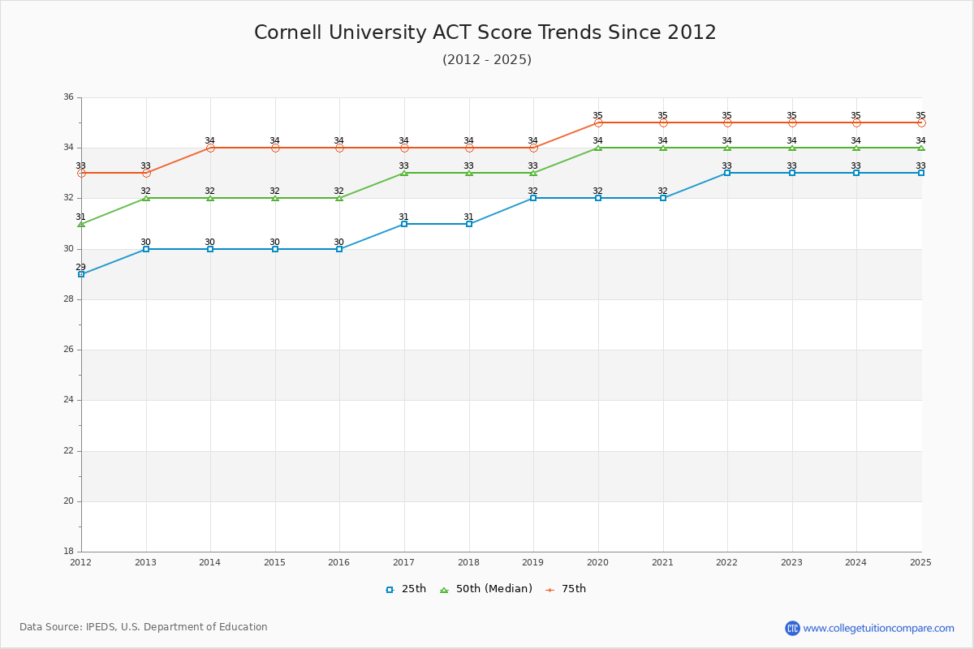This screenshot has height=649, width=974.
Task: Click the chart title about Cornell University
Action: coord(485,32)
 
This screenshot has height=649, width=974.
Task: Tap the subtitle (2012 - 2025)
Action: coord(487,59)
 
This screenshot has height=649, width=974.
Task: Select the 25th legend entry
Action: coord(406,589)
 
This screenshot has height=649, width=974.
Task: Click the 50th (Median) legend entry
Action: coord(486,589)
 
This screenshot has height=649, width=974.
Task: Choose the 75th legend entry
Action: coord(566,589)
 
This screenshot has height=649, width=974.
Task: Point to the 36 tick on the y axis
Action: coord(68,97)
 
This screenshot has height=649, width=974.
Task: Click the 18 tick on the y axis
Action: coord(68,552)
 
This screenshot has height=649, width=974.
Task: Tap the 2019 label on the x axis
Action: coord(533,562)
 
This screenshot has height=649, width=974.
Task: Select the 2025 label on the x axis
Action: coord(920,562)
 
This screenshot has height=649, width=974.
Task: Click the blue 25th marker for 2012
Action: coord(81,274)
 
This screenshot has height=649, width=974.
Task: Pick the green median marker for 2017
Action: coord(404,173)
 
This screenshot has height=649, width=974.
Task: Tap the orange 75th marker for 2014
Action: coord(210,148)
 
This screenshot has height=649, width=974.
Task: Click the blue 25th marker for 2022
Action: coord(727,173)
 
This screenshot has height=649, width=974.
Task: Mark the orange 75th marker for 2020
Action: coord(598,122)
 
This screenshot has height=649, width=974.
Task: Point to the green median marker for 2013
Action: coord(146,198)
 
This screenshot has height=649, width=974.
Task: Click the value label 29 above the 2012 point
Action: coord(81,267)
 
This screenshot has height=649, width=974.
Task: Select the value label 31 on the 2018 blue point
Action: coord(468,217)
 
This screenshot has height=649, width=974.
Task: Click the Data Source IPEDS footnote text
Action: coord(144,627)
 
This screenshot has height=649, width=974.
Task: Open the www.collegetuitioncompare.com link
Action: coord(879,628)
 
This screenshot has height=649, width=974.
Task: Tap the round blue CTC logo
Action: coord(792,628)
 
